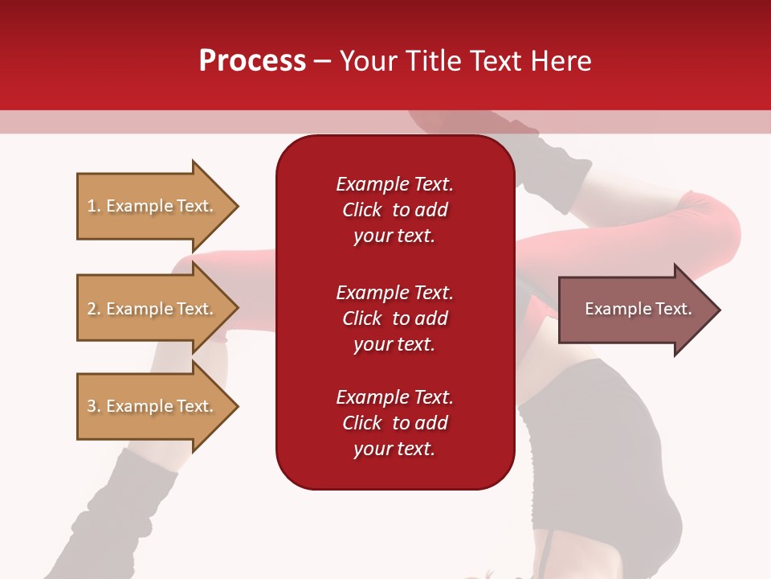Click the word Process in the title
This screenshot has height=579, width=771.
[x=252, y=61]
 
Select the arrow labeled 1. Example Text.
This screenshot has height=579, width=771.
[x=153, y=206]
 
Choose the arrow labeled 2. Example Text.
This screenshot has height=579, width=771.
[x=153, y=309]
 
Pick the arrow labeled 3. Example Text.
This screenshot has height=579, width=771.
[x=153, y=406]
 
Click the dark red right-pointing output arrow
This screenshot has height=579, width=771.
[x=634, y=310]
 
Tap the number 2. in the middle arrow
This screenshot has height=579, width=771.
[x=94, y=309]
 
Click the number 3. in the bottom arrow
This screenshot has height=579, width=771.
[x=94, y=406]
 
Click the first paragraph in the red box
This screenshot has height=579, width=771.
[x=394, y=210]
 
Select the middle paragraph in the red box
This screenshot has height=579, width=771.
[x=394, y=318]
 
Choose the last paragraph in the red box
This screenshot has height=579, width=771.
[x=394, y=423]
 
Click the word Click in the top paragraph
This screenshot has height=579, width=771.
[x=362, y=210]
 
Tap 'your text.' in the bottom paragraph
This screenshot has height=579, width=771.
[x=394, y=449]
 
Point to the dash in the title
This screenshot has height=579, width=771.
[x=322, y=62]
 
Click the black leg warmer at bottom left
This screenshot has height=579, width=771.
[x=137, y=499]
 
